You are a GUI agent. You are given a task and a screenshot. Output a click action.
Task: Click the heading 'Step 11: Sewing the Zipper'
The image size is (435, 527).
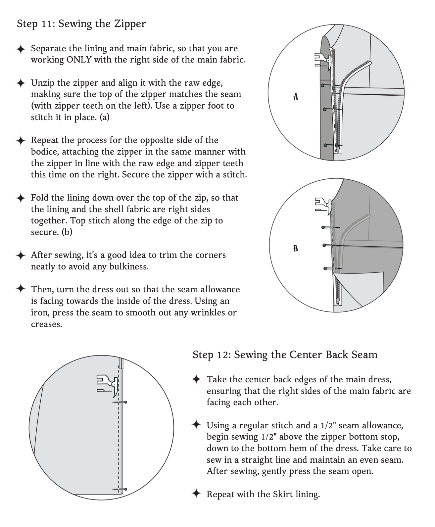pos(81,24)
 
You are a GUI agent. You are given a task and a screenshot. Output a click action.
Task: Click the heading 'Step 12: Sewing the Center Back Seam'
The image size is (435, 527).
pos(285,355)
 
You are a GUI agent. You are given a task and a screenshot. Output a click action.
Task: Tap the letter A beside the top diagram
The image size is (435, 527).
pos(296,96)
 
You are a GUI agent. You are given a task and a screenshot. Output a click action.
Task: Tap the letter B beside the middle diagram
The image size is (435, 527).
pos(296,248)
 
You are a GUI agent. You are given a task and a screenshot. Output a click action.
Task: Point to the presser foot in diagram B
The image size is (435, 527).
pos(323,205)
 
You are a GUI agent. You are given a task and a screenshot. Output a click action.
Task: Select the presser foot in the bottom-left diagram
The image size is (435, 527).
pos(107,384)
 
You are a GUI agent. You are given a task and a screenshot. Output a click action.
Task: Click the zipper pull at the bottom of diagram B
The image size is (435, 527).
pos(337,301)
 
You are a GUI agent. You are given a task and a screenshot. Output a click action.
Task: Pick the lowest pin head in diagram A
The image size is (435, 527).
pos(326,145)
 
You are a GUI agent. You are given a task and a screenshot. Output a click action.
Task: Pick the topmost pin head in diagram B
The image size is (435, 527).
pos(323,227)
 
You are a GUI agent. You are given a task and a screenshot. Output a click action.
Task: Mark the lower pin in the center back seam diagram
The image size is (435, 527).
pos(125,489)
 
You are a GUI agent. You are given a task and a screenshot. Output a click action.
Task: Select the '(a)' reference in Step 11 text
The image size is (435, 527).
pos(104,117)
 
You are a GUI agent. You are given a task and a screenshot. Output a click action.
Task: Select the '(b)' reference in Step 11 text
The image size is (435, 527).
pos(67,232)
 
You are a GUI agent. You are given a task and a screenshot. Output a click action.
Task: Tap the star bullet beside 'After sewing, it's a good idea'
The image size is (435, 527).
pos(21,256)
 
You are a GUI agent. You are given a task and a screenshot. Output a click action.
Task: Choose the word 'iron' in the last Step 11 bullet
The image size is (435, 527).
pos(39,312)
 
